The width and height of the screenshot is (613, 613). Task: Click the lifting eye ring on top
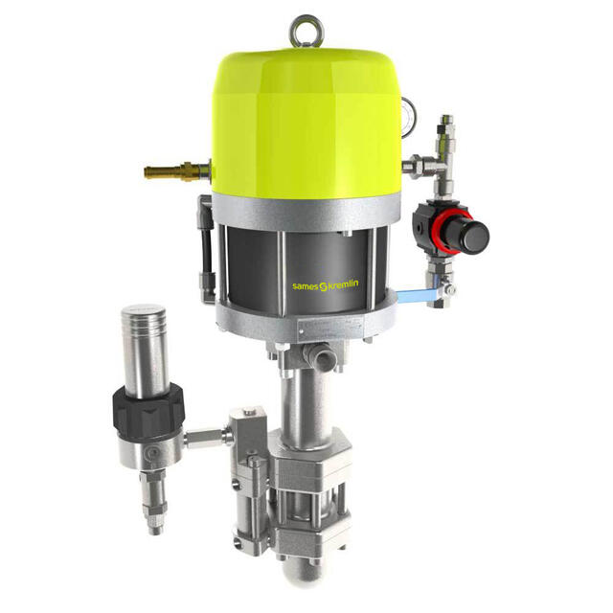pyautogui.click(x=306, y=30)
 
